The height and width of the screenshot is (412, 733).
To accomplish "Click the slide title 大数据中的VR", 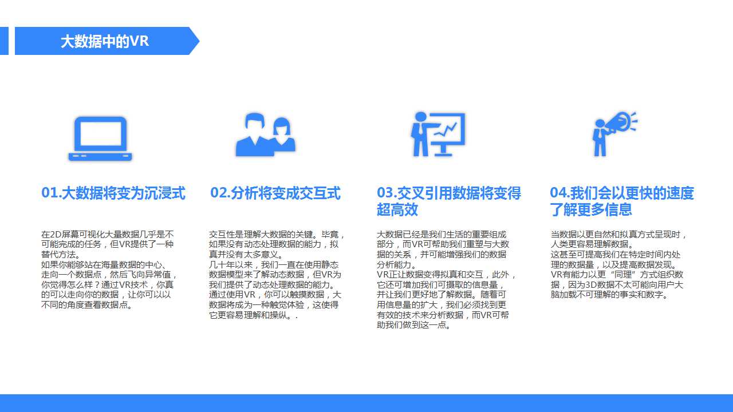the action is click(x=105, y=41).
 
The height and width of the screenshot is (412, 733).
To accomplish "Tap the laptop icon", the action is click(x=100, y=138).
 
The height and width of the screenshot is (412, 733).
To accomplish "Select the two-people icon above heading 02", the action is click(x=265, y=134).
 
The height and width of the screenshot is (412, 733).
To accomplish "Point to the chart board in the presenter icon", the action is click(x=447, y=129).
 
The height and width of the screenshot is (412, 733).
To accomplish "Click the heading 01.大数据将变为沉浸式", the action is click(x=113, y=193).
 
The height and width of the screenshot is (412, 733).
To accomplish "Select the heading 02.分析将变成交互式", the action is click(x=275, y=193).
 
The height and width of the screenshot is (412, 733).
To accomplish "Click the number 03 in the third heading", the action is click(x=385, y=193).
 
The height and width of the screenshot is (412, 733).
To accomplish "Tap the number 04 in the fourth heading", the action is click(x=558, y=193).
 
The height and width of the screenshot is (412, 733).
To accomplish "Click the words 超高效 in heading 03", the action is click(x=397, y=209).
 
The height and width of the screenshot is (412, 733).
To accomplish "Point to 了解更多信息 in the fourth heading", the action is click(x=591, y=209).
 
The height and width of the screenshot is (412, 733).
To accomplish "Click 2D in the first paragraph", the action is click(x=56, y=235).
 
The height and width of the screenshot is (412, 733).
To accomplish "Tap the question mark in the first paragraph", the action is click(x=97, y=285).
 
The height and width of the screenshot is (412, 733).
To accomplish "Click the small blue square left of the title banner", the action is click(x=4, y=41).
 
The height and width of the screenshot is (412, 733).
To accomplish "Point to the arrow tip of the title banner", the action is click(x=199, y=41).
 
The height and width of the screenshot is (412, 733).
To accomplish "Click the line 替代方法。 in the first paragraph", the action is click(x=61, y=255).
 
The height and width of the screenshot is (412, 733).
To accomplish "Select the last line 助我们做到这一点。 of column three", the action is click(x=413, y=325).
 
